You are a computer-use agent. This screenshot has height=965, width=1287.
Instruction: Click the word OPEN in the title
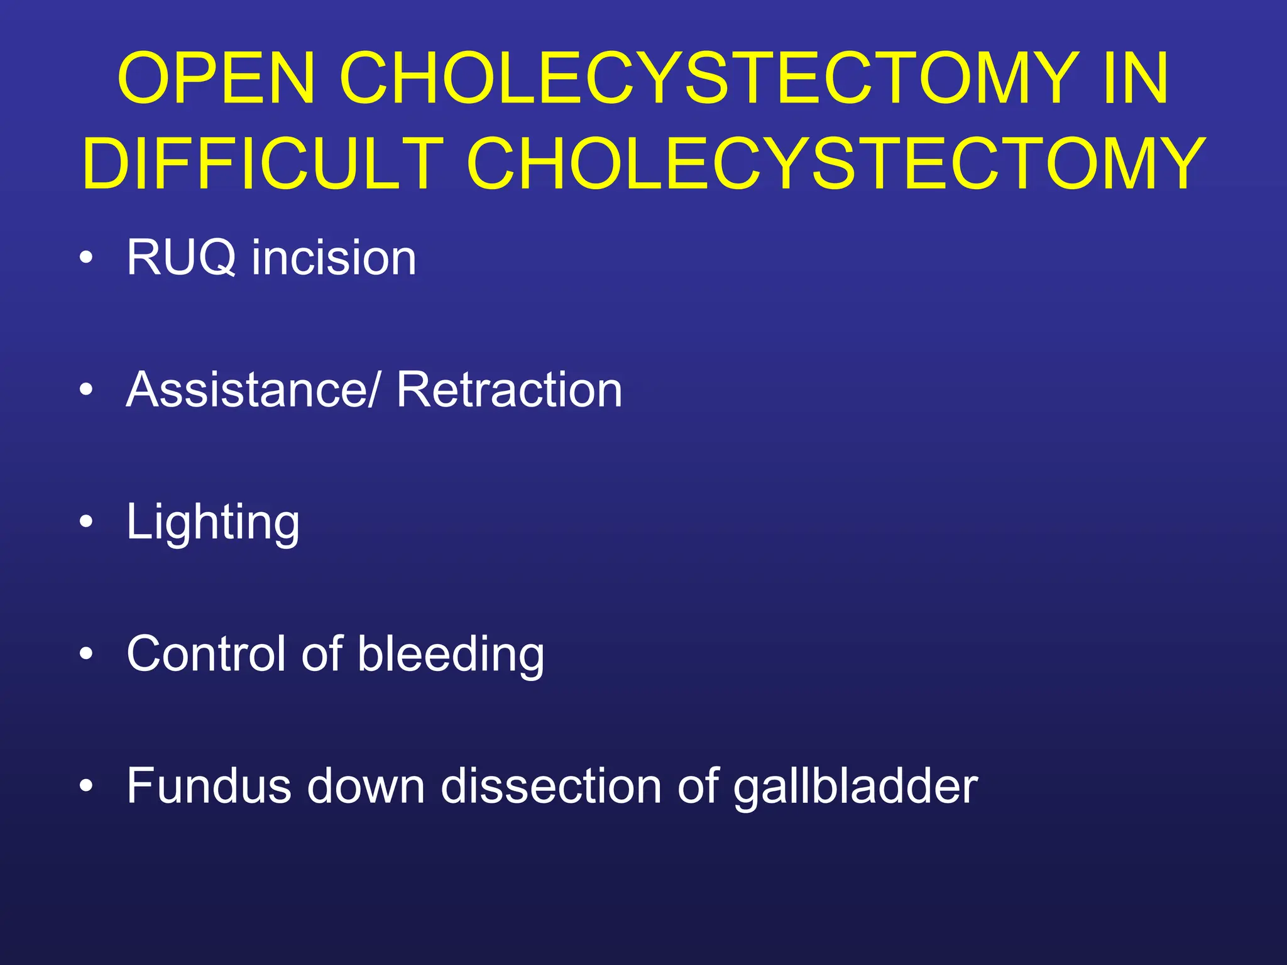pos(216,79)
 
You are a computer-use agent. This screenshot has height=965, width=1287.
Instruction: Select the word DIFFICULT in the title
pos(263,164)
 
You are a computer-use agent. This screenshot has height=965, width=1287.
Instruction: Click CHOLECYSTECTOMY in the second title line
pos(835,164)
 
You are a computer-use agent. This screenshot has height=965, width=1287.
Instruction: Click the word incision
pos(334,258)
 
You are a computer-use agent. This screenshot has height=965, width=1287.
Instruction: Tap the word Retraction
pos(509,390)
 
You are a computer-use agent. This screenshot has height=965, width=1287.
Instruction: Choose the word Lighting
pos(213,523)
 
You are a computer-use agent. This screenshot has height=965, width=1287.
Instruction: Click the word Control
pos(205,654)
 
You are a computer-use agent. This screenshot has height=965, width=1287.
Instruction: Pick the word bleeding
pos(451,654)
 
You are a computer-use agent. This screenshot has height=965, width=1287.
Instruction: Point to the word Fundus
pos(209,786)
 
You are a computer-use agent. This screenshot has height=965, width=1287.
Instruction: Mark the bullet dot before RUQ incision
pos(87,258)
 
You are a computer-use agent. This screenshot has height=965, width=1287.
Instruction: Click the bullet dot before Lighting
pos(87,521)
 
